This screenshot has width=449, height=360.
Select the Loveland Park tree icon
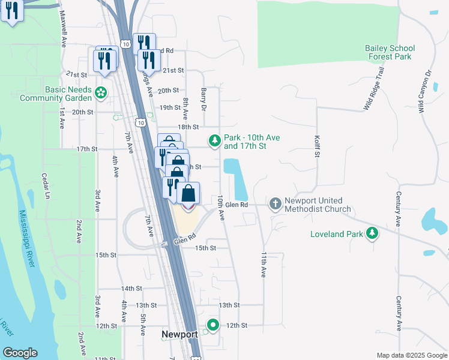point(373,233)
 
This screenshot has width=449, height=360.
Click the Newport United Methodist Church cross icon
point(275,204)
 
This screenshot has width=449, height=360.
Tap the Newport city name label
point(179,335)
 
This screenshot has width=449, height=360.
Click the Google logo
point(19,353)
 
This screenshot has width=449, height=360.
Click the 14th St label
point(130,289)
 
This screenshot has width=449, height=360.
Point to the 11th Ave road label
point(263,264)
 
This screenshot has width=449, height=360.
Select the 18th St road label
point(188,127)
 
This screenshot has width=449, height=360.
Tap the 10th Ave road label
point(221,205)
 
